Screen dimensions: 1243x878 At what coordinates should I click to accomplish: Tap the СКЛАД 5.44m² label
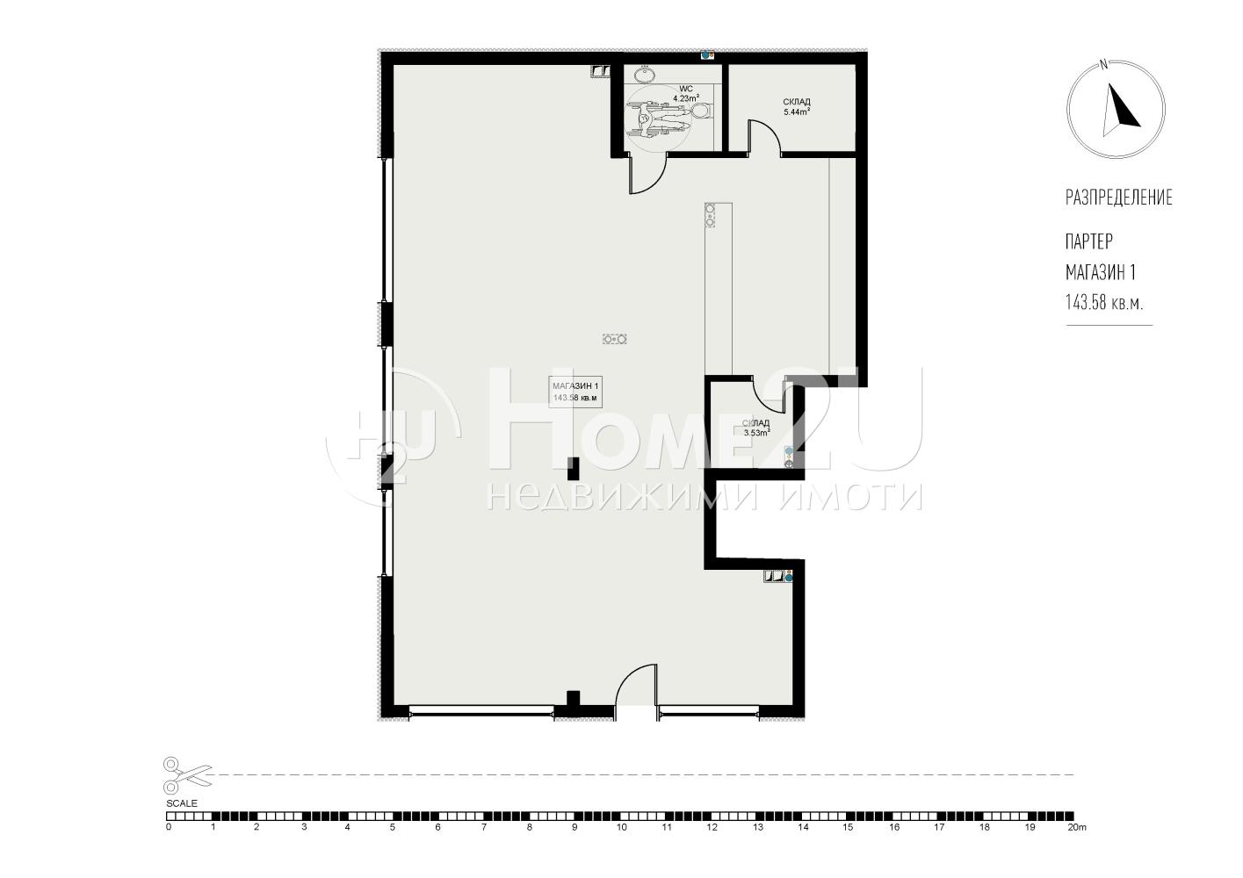pos(796,106)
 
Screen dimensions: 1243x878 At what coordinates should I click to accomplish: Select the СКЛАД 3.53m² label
pos(756,428)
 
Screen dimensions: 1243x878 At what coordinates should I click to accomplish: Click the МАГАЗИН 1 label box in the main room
pos(575,392)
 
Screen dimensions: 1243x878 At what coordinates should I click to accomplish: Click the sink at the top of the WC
pos(644,73)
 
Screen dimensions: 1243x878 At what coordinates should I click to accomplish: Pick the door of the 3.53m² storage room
pos(768,395)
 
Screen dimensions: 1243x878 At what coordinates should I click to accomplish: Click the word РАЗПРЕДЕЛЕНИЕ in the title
pos(1119,198)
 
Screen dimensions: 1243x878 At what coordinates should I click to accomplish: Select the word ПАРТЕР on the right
pos(1088,241)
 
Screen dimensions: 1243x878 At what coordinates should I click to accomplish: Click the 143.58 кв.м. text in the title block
pos(1103,303)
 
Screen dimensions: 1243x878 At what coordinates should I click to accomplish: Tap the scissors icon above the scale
pos(188,775)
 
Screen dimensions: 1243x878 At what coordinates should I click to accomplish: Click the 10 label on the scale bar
pos(622,828)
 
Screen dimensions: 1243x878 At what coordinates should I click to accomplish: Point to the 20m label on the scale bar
pos(1076,828)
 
